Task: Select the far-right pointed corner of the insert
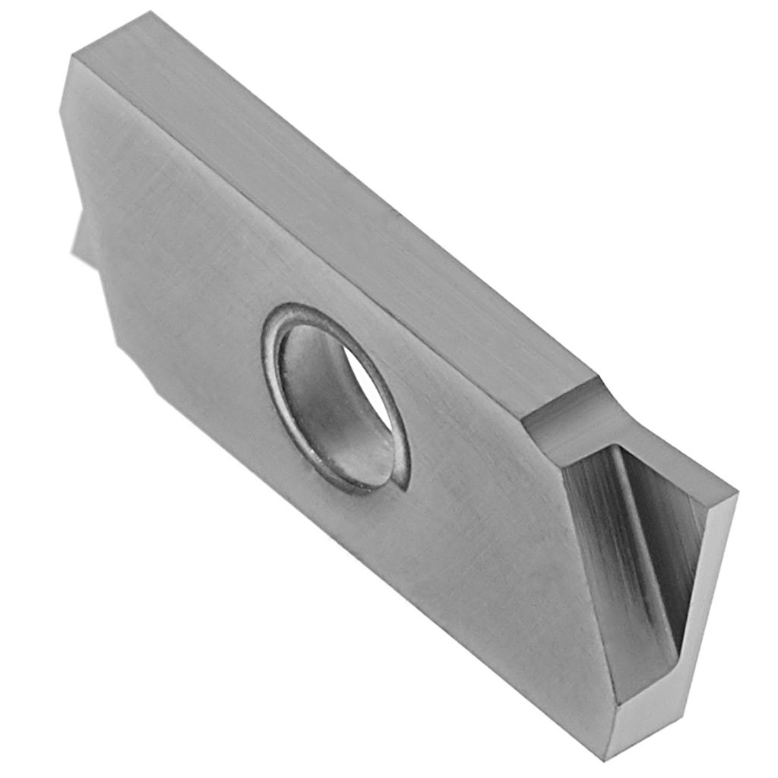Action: click(x=735, y=494)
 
